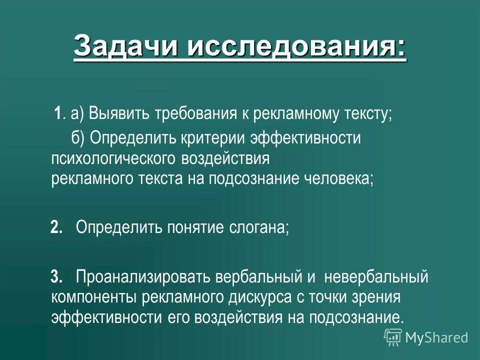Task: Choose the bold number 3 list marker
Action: pos(56,276)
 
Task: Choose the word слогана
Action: pos(259,228)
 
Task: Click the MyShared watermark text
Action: pos(436,337)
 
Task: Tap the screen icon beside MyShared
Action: pos(393,337)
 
